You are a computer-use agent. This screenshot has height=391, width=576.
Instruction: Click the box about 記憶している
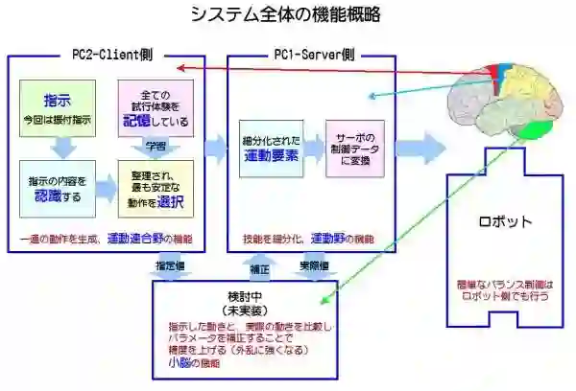pyautogui.click(x=155, y=107)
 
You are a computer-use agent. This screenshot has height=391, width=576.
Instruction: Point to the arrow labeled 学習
pyautogui.click(x=156, y=145)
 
